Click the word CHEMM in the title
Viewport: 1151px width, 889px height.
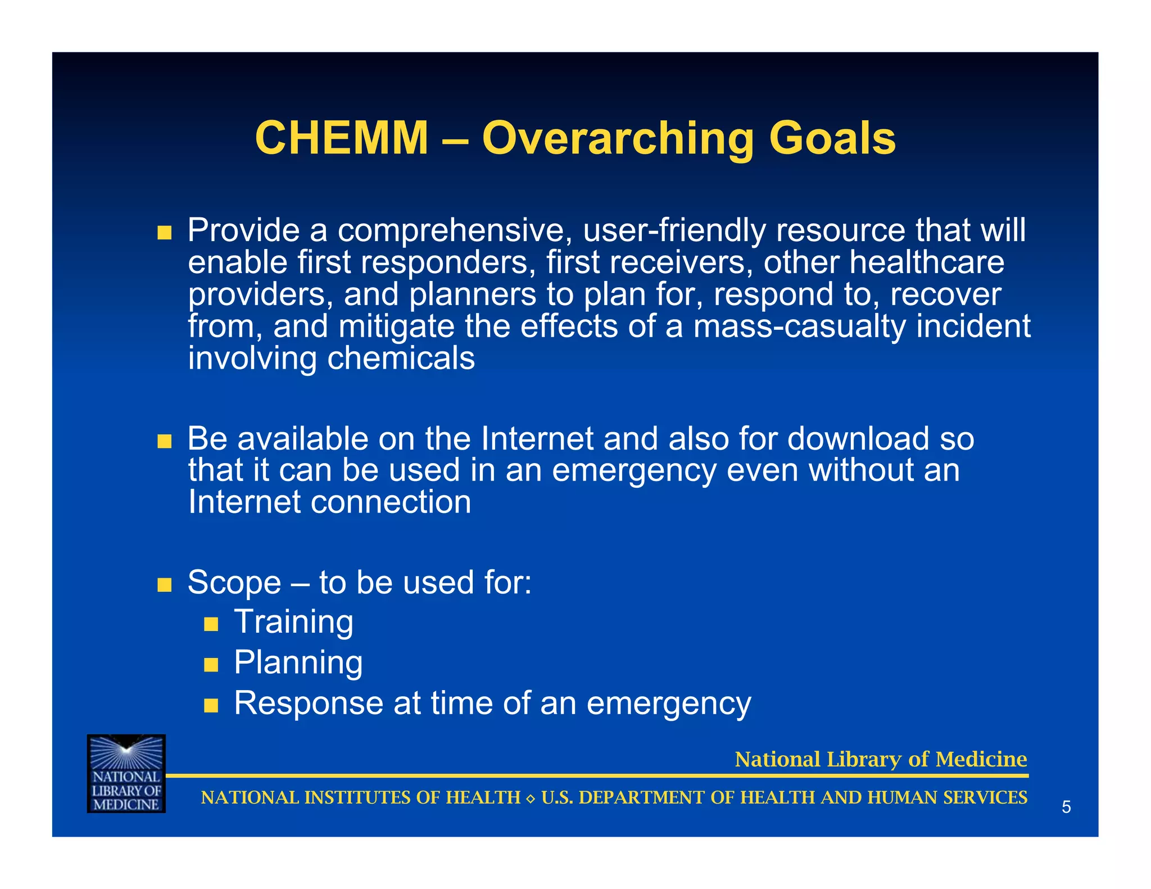[342, 138]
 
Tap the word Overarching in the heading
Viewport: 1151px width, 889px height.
[617, 139]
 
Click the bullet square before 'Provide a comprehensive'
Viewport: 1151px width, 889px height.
[164, 233]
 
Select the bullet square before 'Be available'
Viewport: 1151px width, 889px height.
[164, 441]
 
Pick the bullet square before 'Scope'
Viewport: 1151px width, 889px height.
[164, 585]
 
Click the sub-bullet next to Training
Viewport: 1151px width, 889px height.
[211, 624]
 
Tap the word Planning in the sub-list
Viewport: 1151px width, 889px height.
[298, 663]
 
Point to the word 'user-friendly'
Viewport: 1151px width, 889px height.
[674, 230]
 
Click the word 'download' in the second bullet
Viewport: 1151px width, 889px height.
[858, 439]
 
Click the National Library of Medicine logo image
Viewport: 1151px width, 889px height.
[126, 773]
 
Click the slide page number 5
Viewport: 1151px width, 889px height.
[1066, 808]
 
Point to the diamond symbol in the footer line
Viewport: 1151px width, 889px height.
[531, 799]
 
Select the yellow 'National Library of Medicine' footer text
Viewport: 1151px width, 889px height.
[881, 759]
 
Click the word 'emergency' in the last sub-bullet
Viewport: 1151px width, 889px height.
[668, 704]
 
